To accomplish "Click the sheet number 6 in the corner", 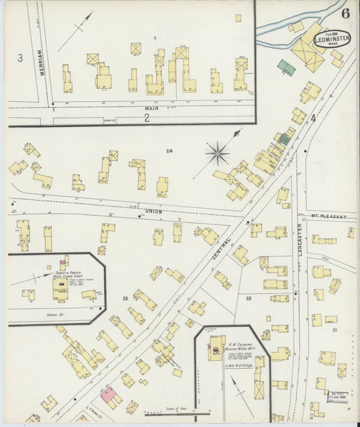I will tap(345, 13).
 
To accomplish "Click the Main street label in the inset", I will tap(151, 108).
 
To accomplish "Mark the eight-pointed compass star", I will tap(217, 153).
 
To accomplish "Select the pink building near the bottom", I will tap(108, 392).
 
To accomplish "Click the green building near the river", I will tap(286, 66).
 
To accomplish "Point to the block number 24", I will tap(170, 151).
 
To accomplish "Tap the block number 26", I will tap(125, 297).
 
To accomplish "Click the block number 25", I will tap(249, 297).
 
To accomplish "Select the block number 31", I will tap(334, 329).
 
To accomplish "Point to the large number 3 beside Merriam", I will tap(20, 58).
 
